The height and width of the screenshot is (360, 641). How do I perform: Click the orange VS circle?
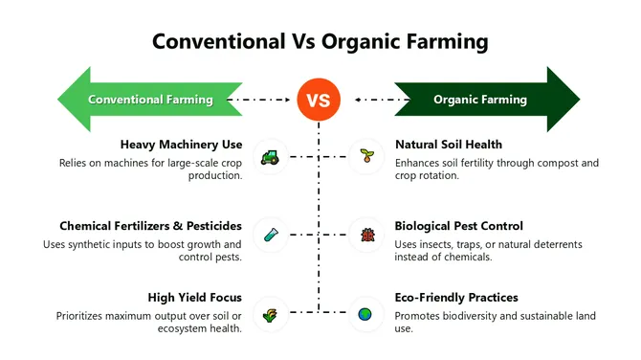320,99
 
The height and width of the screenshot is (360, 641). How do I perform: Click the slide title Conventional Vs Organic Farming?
320,42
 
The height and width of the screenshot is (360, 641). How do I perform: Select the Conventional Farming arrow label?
149,99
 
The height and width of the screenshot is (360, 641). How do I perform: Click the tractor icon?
271,155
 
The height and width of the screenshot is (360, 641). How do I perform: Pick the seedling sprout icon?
365,155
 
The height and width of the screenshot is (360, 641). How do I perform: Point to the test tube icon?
271,234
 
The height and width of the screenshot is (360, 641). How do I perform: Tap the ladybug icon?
365,234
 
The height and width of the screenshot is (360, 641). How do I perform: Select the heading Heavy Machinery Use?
181,145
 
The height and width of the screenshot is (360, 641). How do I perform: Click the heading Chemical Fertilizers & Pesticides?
150,226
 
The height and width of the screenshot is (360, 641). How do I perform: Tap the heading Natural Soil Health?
450,145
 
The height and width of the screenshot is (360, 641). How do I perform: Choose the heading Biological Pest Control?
458,226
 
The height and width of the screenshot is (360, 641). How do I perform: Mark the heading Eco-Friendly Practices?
456,298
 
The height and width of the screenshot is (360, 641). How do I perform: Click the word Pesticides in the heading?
210,226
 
